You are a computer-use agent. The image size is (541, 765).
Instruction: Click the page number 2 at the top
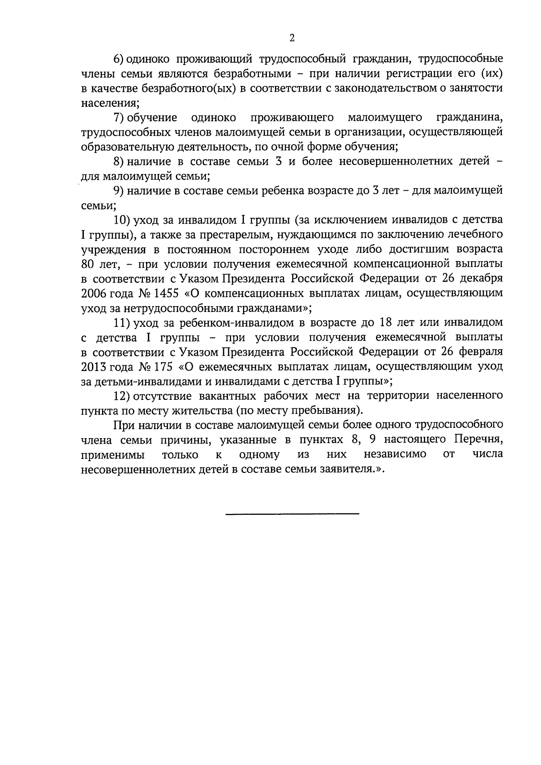tap(292, 38)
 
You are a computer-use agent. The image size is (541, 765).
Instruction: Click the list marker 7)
tap(119, 118)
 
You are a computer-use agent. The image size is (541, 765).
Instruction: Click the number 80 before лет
tap(87, 264)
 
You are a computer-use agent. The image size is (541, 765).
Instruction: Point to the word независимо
tap(395, 454)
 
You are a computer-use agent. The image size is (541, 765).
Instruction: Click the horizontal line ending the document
tap(292, 514)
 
